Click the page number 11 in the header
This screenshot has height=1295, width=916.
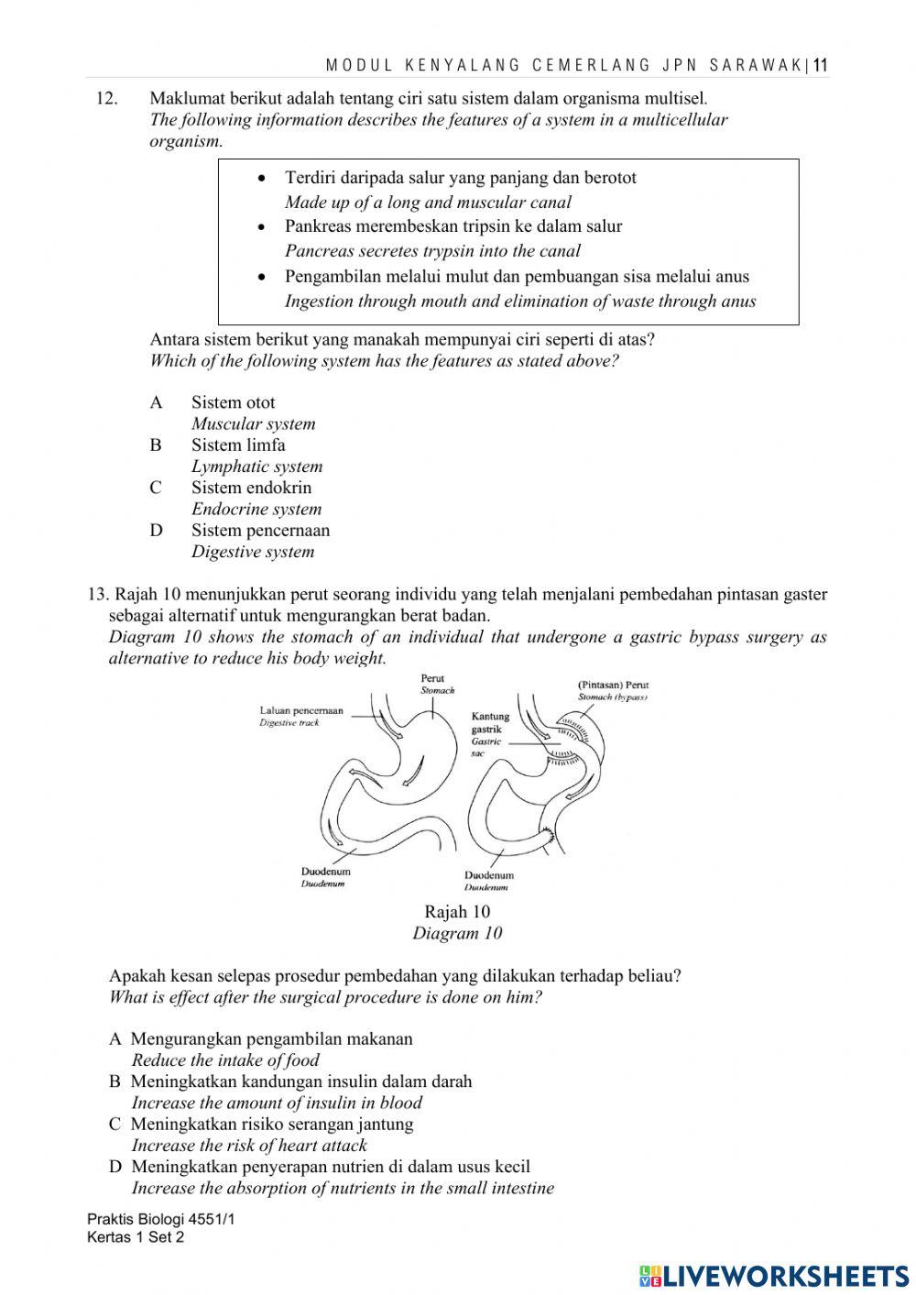click(x=821, y=65)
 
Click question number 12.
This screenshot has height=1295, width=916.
click(x=107, y=98)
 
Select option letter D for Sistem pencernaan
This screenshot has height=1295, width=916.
click(x=156, y=531)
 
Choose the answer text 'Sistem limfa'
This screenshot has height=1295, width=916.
click(x=238, y=445)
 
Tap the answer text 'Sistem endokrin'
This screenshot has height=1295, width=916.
click(x=251, y=488)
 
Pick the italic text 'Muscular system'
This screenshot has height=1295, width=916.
click(x=253, y=423)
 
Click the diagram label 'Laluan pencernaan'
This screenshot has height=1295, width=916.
click(x=301, y=710)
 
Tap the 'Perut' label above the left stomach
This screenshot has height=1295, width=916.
click(x=432, y=679)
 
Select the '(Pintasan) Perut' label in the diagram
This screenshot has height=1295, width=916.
click(x=613, y=685)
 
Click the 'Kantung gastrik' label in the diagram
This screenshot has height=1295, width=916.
click(x=490, y=723)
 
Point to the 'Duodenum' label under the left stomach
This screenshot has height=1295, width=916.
click(x=325, y=872)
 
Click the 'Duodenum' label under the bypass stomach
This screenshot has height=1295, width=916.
click(x=488, y=875)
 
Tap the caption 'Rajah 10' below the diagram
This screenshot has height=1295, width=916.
click(x=457, y=912)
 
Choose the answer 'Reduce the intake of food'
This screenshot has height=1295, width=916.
click(x=225, y=1060)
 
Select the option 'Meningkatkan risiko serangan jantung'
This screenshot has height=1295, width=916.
click(x=271, y=1125)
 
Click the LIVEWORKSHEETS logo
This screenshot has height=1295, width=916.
click(x=774, y=1275)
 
